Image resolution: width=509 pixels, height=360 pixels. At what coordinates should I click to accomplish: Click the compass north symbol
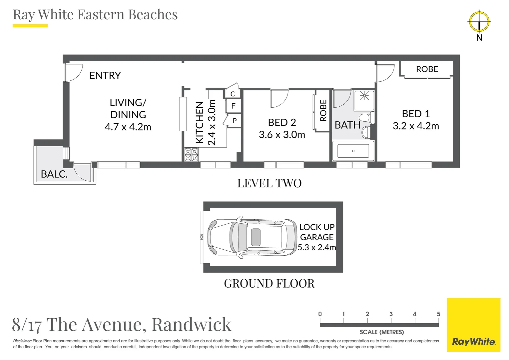pyautogui.click(x=479, y=22)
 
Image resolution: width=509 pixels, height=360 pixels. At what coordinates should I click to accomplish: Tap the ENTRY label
pyautogui.click(x=105, y=76)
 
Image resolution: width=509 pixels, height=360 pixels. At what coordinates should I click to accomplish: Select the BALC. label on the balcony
pyautogui.click(x=54, y=174)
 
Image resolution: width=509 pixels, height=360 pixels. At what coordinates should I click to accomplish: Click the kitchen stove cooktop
pyautogui.click(x=191, y=155)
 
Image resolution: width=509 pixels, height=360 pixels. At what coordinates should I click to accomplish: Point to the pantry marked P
pyautogui.click(x=235, y=121)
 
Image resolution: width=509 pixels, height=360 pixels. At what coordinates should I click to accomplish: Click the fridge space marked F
pyautogui.click(x=233, y=106)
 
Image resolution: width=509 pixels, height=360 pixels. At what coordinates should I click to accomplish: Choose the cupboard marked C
pyautogui.click(x=233, y=94)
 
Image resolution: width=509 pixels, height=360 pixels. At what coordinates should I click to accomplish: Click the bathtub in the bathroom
pyautogui.click(x=353, y=151)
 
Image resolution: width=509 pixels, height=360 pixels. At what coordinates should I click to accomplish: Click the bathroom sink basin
pyautogui.click(x=366, y=132)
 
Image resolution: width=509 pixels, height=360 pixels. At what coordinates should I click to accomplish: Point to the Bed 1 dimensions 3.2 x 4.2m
pyautogui.click(x=416, y=126)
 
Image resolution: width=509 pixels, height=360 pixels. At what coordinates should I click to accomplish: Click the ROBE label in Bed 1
pyautogui.click(x=427, y=69)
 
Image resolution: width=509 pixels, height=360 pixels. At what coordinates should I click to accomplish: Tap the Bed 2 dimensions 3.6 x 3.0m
pyautogui.click(x=282, y=135)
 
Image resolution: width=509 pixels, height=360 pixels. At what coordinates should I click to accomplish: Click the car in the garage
pyautogui.click(x=252, y=237)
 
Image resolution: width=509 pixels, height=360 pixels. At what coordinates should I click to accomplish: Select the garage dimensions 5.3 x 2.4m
pyautogui.click(x=316, y=247)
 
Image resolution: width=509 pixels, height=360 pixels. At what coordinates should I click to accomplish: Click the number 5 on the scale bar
pyautogui.click(x=438, y=314)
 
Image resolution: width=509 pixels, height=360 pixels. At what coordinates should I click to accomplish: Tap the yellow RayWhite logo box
pyautogui.click(x=473, y=325)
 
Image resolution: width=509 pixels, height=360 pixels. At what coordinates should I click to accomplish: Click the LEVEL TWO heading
pyautogui.click(x=269, y=183)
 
